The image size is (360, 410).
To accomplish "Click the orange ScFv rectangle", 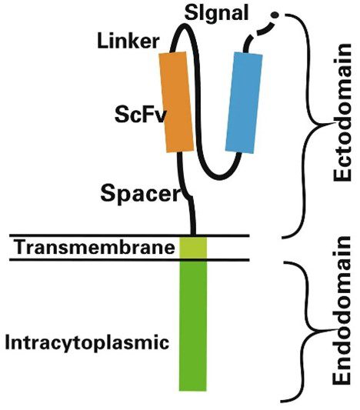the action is [177, 102].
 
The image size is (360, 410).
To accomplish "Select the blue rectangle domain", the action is [244, 102].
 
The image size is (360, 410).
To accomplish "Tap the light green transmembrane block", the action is [193, 248].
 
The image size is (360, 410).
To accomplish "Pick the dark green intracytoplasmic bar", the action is [193, 326].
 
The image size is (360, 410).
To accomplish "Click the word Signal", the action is [216, 14].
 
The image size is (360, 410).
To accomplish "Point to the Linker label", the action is [128, 42].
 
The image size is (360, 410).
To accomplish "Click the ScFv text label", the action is [140, 115].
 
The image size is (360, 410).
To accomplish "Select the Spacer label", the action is [141, 194].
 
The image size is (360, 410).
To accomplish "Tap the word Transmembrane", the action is [95, 248].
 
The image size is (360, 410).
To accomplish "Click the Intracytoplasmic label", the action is [87, 342].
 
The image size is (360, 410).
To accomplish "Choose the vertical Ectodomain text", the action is [342, 112].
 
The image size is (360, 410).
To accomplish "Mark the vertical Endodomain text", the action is [342, 311].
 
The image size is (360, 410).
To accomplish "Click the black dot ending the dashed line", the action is [275, 15].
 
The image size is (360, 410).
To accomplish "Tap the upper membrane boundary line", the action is [129, 235].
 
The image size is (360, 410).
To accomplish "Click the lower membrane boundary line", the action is [129, 260].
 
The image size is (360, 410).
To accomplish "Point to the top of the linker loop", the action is [185, 25].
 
